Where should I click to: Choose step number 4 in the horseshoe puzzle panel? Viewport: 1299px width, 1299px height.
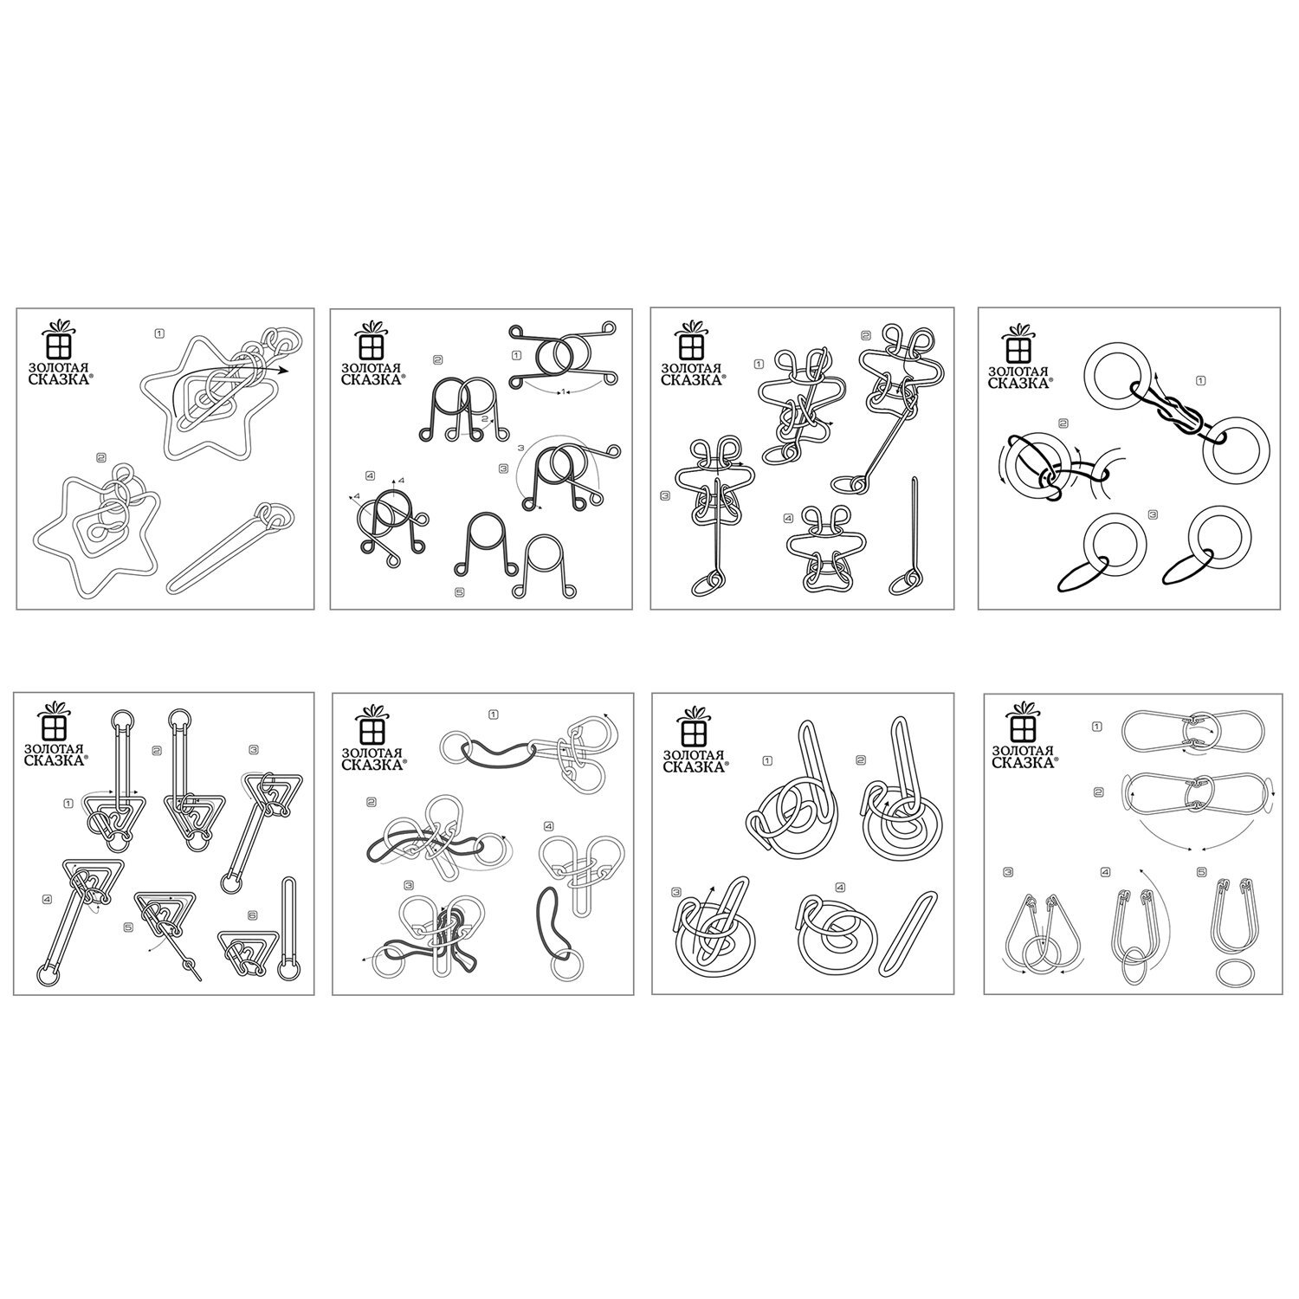coord(370,475)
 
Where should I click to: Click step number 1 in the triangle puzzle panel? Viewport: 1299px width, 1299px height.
coord(68,803)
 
